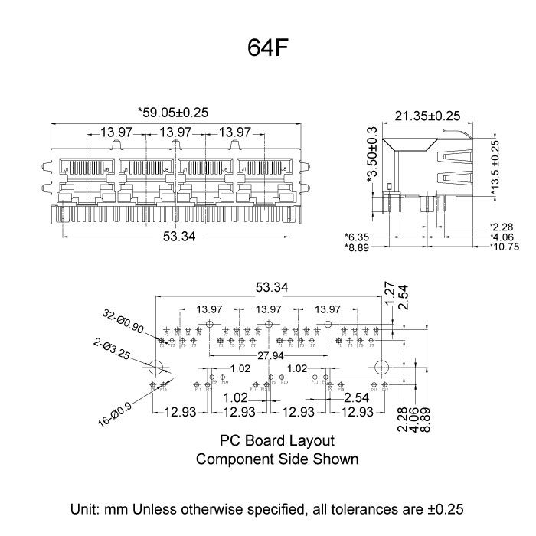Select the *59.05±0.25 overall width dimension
click(173, 112)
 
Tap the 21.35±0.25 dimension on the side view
click(427, 116)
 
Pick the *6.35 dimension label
click(358, 237)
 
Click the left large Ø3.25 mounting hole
click(155, 367)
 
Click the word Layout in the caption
click(312, 441)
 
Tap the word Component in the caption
click(230, 459)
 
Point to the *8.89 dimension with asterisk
click(358, 247)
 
